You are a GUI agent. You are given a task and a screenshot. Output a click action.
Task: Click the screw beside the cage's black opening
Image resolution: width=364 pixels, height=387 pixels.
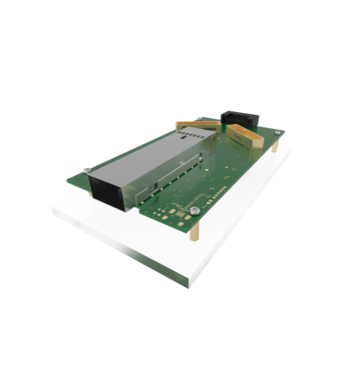pyautogui.click(x=87, y=170)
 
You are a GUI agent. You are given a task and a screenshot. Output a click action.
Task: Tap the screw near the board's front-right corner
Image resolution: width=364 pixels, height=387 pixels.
pyautogui.click(x=195, y=211)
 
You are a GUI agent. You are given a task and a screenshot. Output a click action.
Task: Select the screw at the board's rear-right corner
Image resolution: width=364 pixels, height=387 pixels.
pyautogui.click(x=277, y=132)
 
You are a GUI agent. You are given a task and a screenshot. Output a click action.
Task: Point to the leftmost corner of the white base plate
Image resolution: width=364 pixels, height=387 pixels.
pyautogui.click(x=54, y=210)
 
